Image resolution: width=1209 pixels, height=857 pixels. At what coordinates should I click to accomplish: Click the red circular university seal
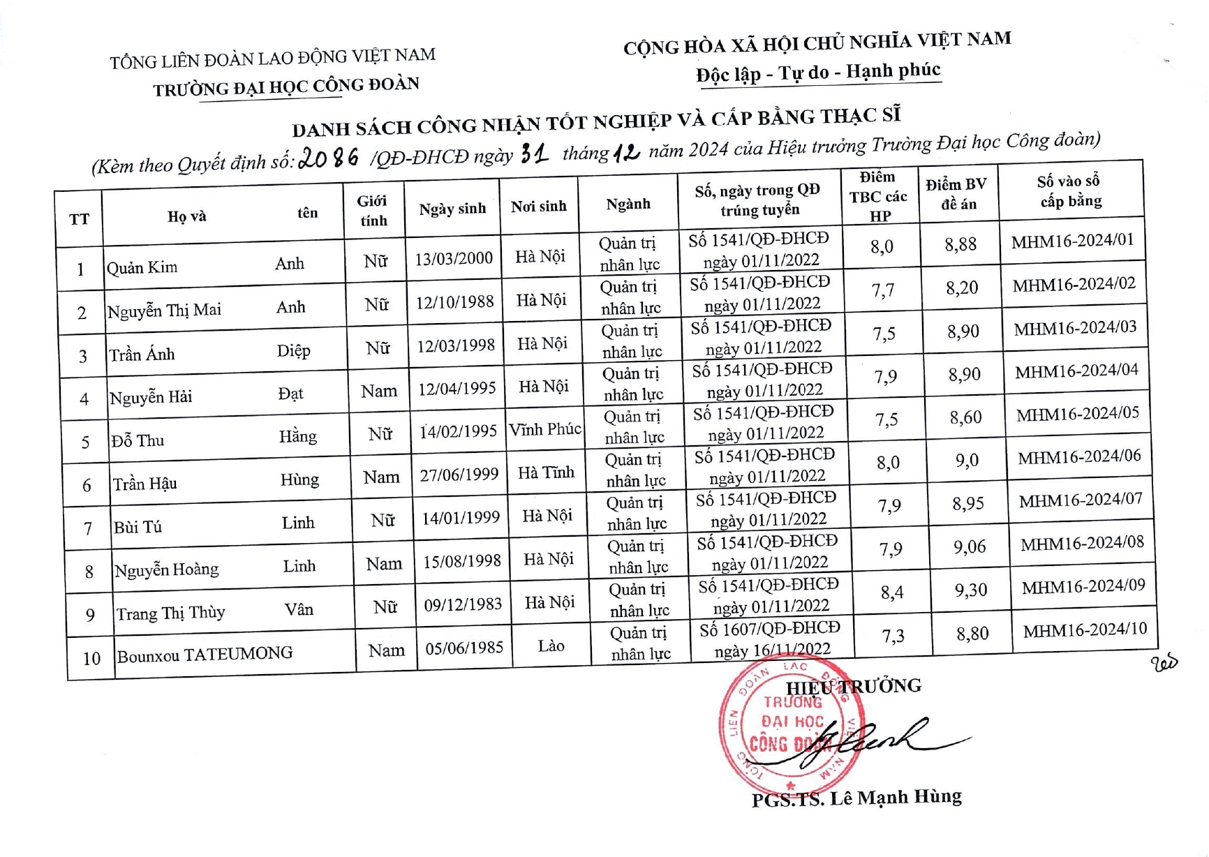[791, 726]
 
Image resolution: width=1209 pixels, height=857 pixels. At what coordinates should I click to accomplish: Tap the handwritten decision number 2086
[329, 158]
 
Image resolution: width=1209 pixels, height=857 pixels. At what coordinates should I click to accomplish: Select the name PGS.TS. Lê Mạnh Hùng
[856, 798]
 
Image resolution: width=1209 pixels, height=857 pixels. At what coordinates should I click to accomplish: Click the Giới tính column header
[373, 211]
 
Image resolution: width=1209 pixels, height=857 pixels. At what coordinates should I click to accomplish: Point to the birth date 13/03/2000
[453, 259]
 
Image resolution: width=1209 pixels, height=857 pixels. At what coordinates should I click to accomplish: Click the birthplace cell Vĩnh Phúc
[544, 430]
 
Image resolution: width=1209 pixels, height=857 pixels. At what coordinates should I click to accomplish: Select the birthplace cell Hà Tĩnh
[546, 473]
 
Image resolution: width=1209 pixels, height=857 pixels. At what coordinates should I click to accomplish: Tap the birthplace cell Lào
[551, 646]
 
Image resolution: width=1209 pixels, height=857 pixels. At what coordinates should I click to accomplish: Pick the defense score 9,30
[971, 590]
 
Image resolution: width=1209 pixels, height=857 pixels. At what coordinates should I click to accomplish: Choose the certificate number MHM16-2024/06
[1079, 457]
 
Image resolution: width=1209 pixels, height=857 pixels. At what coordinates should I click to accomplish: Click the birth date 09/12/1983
[463, 604]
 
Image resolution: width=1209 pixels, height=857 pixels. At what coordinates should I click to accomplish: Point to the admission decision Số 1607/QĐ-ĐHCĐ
[769, 629]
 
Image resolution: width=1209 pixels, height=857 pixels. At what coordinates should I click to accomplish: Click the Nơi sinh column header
[538, 207]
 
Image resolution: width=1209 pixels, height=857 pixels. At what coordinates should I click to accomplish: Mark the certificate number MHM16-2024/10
[1085, 630]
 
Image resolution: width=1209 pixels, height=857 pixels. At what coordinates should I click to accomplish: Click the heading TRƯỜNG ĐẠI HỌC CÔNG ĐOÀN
[286, 87]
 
